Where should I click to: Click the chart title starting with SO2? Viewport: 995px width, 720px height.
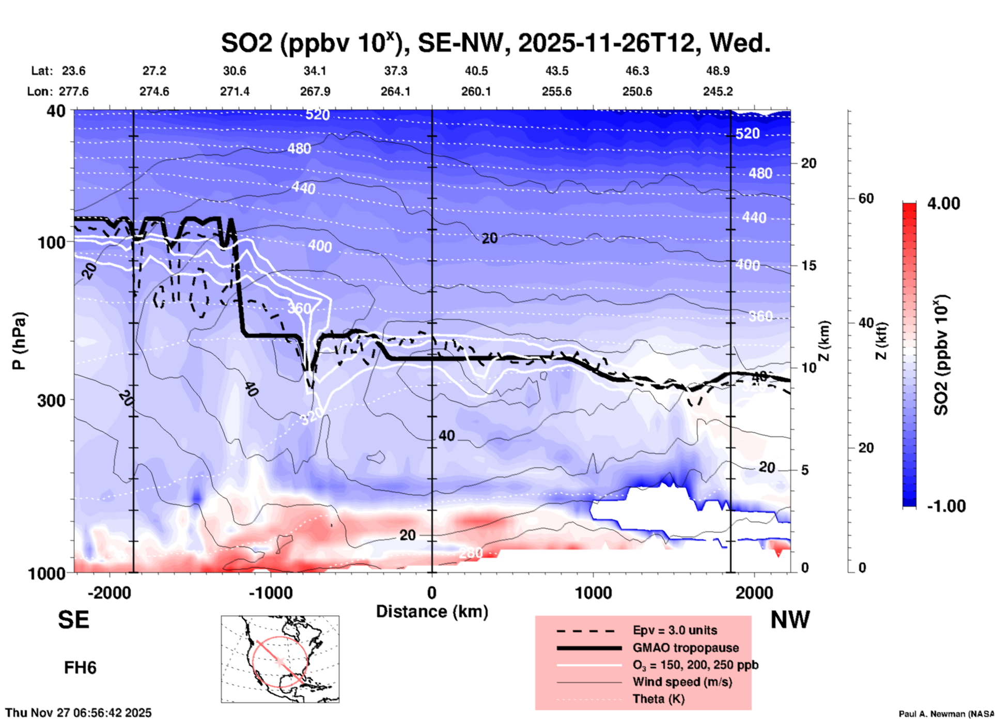[x=495, y=42]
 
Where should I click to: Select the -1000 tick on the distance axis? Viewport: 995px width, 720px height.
[x=271, y=593]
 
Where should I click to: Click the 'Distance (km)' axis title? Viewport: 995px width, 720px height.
[x=432, y=612]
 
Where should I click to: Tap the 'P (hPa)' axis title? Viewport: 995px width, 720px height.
[x=19, y=341]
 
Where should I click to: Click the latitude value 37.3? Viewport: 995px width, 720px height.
[x=395, y=71]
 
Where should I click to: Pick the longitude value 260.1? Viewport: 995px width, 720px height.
[x=476, y=91]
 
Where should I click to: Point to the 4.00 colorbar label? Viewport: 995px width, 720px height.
[x=943, y=204]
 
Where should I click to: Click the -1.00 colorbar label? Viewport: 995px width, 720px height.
[x=946, y=506]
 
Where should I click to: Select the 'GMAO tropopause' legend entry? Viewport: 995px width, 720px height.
[x=686, y=648]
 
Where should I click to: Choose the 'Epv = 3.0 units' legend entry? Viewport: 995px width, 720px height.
[x=675, y=630]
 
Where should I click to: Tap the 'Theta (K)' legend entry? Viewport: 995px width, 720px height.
[x=659, y=699]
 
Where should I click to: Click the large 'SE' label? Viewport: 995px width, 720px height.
[x=73, y=620]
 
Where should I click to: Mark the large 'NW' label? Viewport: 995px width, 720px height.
[x=790, y=620]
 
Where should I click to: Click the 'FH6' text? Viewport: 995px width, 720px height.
[x=80, y=668]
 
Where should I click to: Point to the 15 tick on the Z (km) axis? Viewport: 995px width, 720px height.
[x=809, y=265]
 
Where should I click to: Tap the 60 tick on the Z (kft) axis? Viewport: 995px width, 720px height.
[x=866, y=198]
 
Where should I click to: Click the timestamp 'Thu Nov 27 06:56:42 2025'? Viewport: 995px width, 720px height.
[x=79, y=713]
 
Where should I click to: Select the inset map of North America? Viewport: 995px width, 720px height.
[x=280, y=659]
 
